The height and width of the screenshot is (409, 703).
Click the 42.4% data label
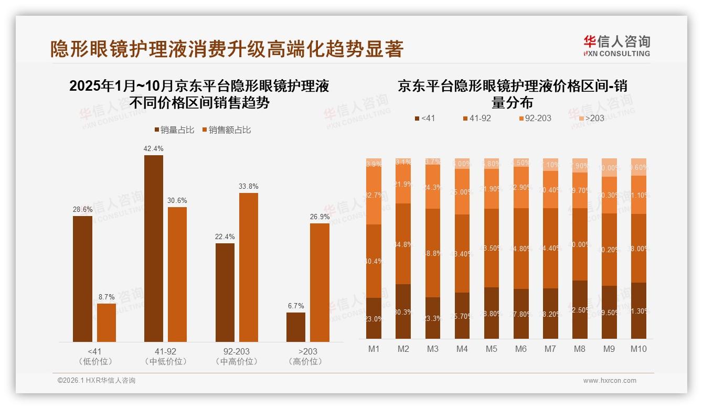click(153, 149)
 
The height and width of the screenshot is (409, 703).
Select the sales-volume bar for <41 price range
click(82, 278)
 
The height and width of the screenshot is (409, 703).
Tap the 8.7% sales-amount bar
click(106, 322)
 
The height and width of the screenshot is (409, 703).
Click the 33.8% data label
click(248, 187)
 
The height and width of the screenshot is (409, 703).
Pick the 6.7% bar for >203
click(296, 327)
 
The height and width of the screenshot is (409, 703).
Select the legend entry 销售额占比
click(226, 130)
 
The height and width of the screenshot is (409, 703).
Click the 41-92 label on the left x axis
click(165, 351)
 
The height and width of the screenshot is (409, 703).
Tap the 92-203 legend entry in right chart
click(535, 118)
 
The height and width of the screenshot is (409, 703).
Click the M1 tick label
click(374, 349)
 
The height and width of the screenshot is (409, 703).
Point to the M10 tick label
click(638, 349)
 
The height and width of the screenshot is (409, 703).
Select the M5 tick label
click(492, 349)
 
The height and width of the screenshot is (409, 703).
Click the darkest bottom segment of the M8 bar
click(580, 309)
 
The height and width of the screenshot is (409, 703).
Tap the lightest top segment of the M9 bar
click(609, 167)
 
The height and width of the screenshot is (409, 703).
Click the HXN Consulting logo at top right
click(616, 46)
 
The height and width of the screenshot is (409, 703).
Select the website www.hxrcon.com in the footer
click(610, 381)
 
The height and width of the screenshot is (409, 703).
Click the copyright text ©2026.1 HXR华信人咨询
click(96, 381)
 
